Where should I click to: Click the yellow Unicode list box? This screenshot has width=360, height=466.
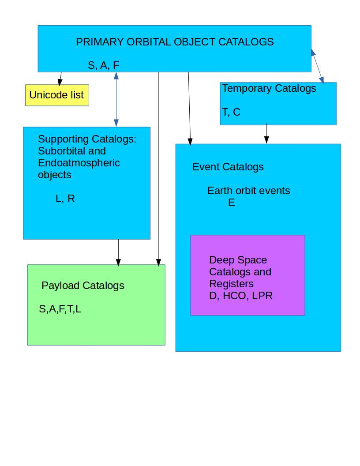point(57,95)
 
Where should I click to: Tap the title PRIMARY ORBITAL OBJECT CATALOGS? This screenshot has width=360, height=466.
point(175,42)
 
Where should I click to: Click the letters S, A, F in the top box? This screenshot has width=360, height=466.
point(104,65)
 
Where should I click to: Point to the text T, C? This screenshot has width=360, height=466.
point(231,112)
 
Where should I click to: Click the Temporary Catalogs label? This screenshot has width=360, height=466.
point(269,88)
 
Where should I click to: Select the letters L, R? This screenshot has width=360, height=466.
point(65,199)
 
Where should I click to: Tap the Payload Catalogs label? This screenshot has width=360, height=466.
point(83,286)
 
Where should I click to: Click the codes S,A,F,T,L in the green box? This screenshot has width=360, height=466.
point(60,309)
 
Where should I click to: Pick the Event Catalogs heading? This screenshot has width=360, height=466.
point(228,167)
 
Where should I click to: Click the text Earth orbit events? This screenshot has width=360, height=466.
point(249,191)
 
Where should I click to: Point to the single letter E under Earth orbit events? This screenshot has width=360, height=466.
point(231,203)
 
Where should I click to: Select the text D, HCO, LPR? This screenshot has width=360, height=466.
point(241,296)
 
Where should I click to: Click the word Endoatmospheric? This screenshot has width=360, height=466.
point(79,163)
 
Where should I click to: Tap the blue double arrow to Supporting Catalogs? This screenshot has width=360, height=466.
point(116,99)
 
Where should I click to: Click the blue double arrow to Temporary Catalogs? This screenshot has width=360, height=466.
point(318,66)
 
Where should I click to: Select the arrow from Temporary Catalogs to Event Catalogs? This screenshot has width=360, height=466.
point(266,133)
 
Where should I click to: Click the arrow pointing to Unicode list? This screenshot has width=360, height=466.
point(60,78)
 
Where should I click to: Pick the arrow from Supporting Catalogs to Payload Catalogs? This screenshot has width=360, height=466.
point(118,252)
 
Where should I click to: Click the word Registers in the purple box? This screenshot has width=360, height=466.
point(231,283)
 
